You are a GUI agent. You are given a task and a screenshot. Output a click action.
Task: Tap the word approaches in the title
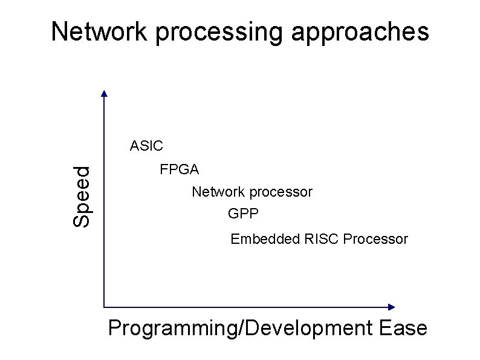click(360, 33)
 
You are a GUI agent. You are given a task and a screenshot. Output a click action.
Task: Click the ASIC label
click(146, 146)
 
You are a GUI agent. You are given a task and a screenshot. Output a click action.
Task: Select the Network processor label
click(252, 192)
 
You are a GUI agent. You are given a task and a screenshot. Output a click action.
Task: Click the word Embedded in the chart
click(259, 239)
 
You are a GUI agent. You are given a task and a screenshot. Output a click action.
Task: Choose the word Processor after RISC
click(375, 239)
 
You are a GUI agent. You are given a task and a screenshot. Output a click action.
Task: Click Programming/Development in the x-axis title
click(239, 329)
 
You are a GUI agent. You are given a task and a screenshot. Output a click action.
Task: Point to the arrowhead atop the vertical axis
click(104, 94)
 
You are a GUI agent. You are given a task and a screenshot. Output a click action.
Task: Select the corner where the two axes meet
click(105, 307)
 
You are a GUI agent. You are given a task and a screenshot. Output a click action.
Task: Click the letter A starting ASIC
click(134, 146)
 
